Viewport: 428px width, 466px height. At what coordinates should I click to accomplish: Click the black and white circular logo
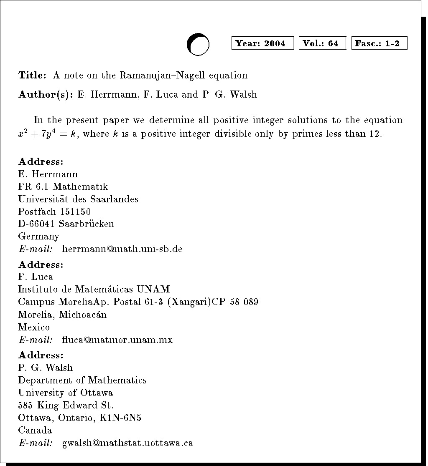(198, 44)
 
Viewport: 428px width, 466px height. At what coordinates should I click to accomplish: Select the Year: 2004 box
(262, 43)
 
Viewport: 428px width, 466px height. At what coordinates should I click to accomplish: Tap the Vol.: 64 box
(322, 43)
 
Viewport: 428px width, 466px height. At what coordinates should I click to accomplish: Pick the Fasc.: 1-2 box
(379, 43)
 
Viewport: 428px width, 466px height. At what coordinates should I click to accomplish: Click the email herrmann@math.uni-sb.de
(122, 249)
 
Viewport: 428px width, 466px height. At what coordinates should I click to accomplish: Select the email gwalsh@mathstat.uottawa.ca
(127, 443)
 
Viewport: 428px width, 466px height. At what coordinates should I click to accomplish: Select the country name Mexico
(34, 327)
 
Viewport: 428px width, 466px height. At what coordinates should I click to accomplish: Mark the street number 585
(25, 406)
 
